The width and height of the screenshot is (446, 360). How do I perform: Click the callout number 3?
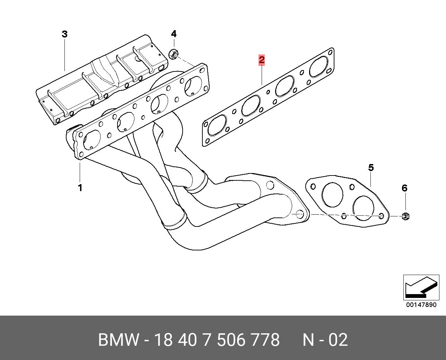[65, 34]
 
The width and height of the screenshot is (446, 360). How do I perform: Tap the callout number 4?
[174, 34]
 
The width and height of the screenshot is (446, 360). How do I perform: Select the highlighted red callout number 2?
[262, 60]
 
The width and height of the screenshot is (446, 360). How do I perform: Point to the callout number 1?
[80, 188]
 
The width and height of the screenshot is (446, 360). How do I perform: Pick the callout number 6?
[404, 188]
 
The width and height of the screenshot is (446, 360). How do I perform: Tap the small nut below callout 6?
[405, 216]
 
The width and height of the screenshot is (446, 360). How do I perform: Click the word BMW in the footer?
[118, 340]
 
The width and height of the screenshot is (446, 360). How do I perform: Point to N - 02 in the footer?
[325, 340]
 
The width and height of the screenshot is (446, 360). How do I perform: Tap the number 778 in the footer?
[267, 340]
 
